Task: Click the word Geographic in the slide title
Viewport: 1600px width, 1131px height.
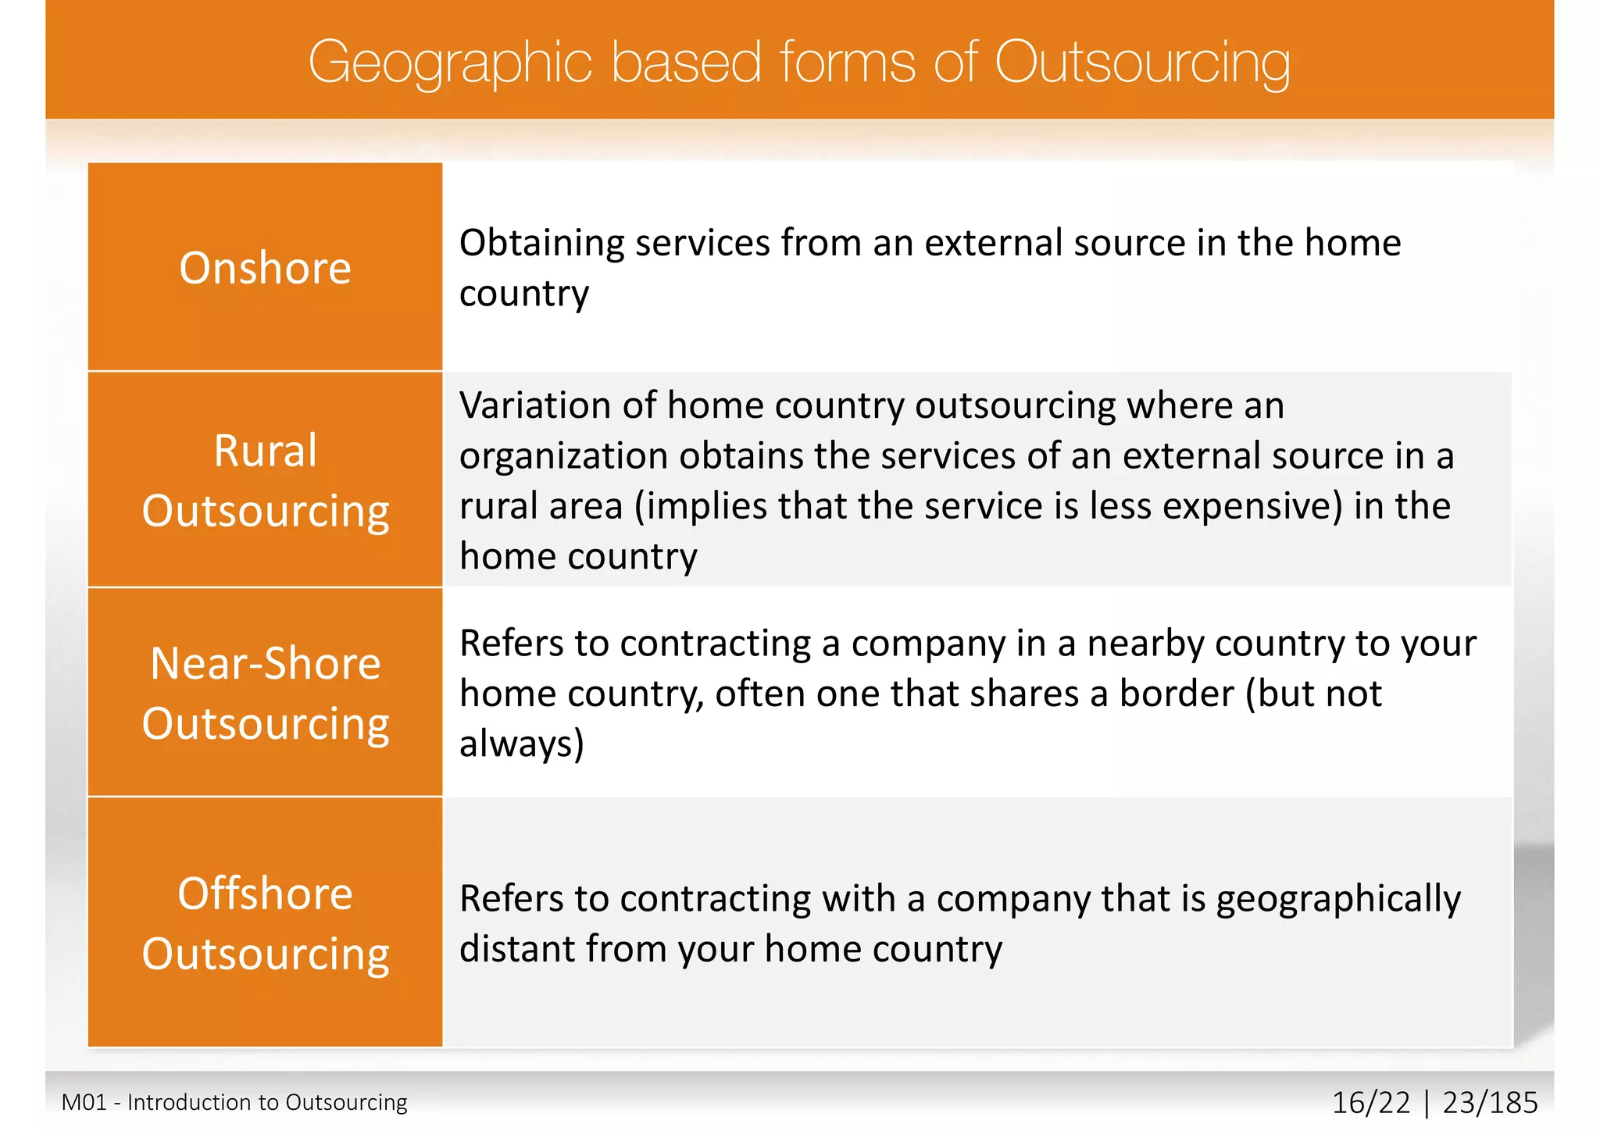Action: tap(450, 62)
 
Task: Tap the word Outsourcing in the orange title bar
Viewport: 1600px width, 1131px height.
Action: tap(1141, 62)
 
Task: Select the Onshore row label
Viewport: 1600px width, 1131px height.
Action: tap(265, 268)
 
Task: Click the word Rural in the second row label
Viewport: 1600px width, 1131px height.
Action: tap(265, 451)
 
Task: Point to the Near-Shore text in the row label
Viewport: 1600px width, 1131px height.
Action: tap(265, 663)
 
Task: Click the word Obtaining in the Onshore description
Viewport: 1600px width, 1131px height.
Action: tap(541, 243)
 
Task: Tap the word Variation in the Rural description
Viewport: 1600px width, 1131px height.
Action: tap(534, 405)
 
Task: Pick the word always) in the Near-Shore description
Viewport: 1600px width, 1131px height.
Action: tap(522, 744)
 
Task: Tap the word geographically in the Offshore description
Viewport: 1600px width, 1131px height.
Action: tap(1338, 899)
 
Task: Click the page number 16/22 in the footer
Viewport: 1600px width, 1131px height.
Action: tap(1371, 1103)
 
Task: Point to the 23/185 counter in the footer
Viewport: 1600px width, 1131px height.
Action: tap(1490, 1103)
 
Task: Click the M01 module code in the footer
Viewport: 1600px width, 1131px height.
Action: tap(84, 1102)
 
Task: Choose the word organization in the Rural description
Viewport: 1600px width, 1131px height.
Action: tap(563, 456)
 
